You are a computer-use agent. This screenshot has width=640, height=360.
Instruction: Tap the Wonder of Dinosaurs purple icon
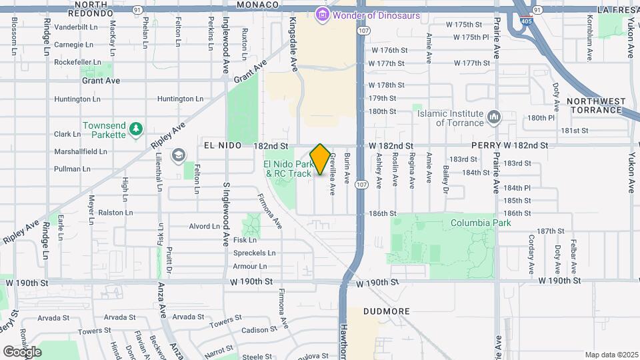[323, 14]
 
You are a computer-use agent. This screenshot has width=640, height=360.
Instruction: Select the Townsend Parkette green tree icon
[136, 128]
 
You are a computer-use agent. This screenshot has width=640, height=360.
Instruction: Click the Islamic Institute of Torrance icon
[494, 117]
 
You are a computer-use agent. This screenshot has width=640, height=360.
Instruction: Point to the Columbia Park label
[480, 223]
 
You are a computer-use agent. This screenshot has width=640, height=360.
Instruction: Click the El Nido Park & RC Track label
[287, 169]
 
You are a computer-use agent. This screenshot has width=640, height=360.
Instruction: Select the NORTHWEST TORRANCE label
[596, 105]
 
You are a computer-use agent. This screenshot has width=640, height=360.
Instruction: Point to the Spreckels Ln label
[254, 253]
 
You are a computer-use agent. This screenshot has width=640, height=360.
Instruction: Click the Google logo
[22, 351]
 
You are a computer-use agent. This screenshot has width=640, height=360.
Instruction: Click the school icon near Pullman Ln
[178, 156]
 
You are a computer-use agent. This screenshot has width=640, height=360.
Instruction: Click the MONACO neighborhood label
[257, 5]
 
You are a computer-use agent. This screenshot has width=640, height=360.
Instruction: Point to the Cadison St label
[254, 330]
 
